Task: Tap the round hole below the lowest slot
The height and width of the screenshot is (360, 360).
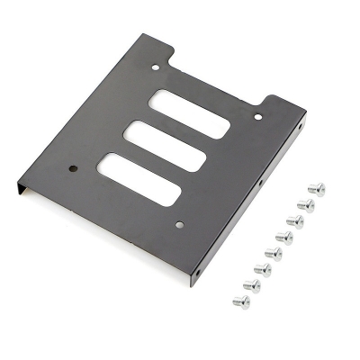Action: (x=179, y=224)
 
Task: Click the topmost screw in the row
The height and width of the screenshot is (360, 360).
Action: (x=316, y=189)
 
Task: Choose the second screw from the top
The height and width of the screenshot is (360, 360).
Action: (x=305, y=205)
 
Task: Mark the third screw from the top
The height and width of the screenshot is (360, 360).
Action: (x=294, y=220)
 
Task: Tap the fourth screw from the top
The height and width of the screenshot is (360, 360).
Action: (x=283, y=237)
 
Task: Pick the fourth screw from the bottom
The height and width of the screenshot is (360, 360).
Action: (x=274, y=253)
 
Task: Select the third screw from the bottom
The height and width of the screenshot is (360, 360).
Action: (x=263, y=269)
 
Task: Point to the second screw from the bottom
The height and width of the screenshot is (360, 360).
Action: (x=252, y=285)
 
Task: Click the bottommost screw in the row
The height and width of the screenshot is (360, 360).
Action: (x=241, y=301)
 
